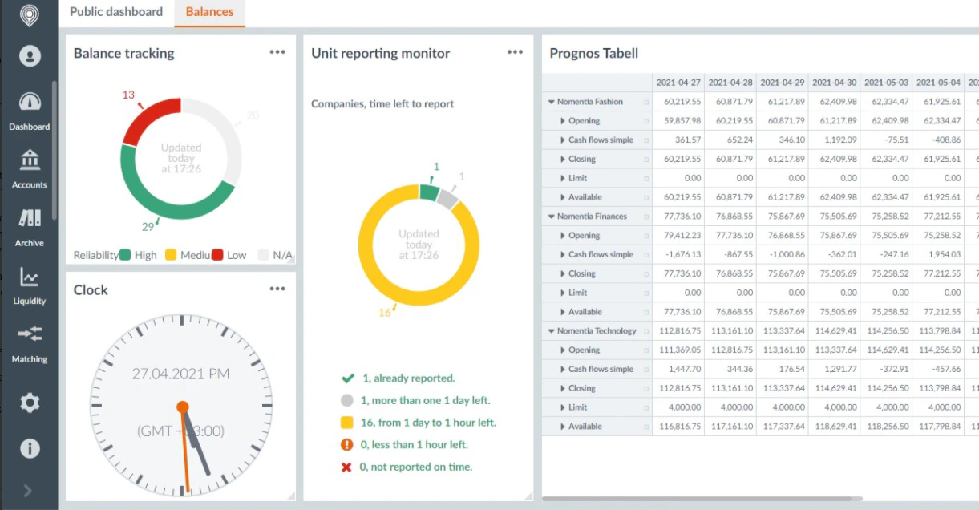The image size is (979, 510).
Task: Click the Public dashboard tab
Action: pos(116,12)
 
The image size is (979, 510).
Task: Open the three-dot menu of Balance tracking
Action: pos(277,52)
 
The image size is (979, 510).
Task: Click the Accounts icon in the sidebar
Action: pos(30,160)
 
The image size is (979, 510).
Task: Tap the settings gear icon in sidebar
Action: pos(30,403)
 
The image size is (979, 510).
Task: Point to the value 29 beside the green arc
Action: pos(148,227)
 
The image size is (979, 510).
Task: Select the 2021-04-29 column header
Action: pos(782,83)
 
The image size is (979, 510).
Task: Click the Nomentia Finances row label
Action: pos(593,217)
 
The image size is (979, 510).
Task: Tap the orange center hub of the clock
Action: pos(183,407)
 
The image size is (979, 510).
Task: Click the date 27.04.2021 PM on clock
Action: pos(181,374)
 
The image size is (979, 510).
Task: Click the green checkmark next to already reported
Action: pos(347,378)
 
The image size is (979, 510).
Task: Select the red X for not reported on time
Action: pos(346,467)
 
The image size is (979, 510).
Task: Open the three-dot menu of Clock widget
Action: pos(277,289)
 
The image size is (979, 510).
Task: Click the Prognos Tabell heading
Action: pos(593,54)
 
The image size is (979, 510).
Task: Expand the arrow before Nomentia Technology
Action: pos(552,331)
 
